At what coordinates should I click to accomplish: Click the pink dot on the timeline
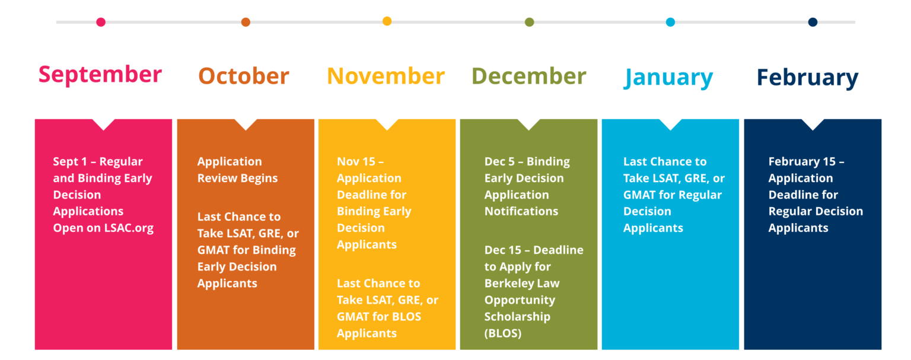point(101,22)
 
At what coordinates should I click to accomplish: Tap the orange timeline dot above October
point(246,22)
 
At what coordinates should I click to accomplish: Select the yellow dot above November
point(387,21)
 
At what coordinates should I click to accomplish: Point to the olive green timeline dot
point(529,22)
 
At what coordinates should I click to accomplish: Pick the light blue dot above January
point(671,22)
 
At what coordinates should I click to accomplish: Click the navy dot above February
point(813,22)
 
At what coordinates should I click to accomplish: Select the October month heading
point(244,76)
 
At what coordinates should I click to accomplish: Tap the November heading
point(386,76)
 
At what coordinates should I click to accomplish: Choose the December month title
point(528,76)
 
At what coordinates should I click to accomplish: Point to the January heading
point(668,78)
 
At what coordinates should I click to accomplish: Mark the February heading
point(807,78)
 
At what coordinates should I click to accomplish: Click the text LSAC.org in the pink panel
point(129,228)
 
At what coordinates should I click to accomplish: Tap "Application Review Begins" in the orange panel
point(237,170)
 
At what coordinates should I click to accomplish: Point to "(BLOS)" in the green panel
point(503,333)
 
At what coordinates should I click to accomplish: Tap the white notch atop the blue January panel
point(671,123)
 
